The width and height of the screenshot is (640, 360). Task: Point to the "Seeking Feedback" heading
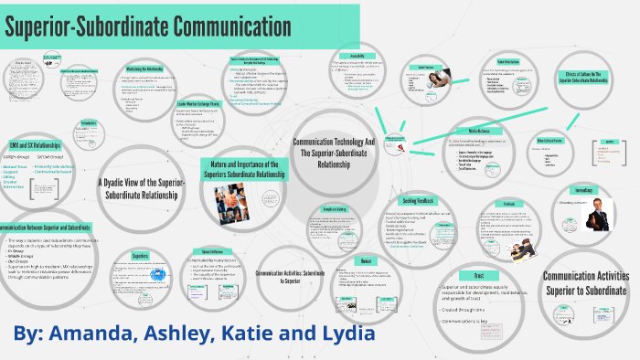[x=417, y=201]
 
